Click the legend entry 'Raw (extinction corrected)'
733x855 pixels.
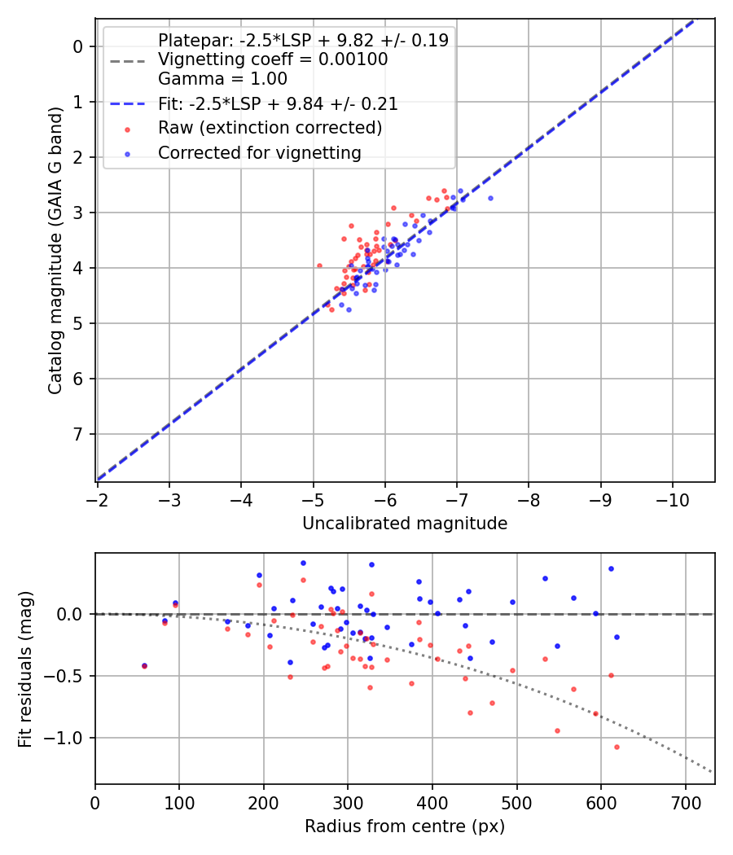pos(270,128)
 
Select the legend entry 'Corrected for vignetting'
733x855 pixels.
pos(260,152)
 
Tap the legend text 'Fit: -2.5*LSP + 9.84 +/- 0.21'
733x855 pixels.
pos(278,104)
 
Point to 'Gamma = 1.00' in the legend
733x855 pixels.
pos(222,79)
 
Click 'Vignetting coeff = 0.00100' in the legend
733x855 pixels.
pos(273,59)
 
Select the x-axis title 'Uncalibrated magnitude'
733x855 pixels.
pos(405,524)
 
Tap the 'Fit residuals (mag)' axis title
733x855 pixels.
pos(25,669)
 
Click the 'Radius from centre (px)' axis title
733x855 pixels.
pos(405,826)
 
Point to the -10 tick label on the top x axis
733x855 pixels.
pos(672,496)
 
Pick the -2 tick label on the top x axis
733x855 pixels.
pos(98,496)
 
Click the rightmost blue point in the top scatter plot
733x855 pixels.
pos(490,198)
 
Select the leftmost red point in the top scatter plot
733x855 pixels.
pos(319,265)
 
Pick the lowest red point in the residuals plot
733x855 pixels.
pos(617,747)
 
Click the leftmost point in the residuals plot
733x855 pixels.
pos(144,665)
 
